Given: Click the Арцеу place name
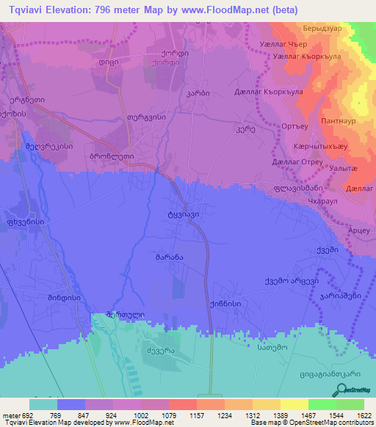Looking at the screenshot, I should click(x=357, y=231).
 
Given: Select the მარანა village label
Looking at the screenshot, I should click(x=168, y=258).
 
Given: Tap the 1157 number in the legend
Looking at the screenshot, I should click(x=182, y=415).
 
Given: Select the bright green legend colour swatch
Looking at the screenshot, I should click(x=322, y=404).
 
